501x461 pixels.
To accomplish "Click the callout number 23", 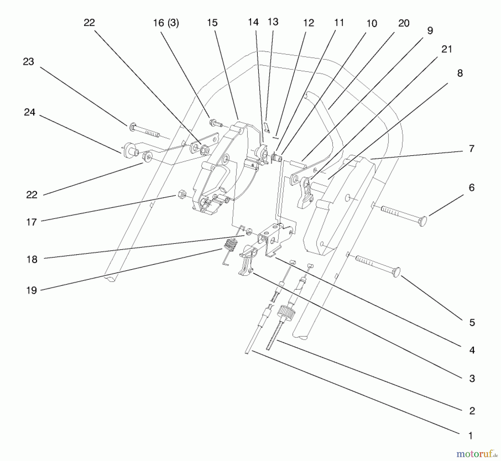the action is (x=28, y=62).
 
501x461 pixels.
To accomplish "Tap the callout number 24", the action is (x=30, y=112).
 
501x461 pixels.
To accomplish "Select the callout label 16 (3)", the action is (x=166, y=23).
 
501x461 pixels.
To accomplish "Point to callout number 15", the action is (x=212, y=23).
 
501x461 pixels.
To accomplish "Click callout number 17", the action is (x=31, y=222).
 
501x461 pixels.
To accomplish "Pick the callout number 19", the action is (x=31, y=290).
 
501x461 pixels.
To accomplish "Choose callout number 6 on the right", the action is (x=471, y=188).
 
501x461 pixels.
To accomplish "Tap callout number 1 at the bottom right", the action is (x=470, y=436).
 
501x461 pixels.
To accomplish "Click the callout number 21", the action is (x=447, y=49).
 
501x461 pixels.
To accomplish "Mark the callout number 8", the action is (x=460, y=73).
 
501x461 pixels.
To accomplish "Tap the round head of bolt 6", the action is (x=423, y=221).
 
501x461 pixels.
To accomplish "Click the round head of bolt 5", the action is (x=396, y=272).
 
